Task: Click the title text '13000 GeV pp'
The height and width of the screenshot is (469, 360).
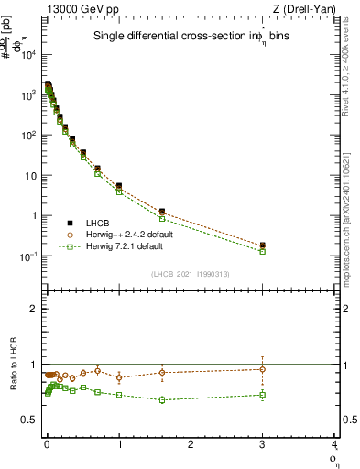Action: pyautogui.click(x=78, y=8)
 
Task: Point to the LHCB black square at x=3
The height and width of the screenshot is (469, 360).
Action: pyautogui.click(x=263, y=245)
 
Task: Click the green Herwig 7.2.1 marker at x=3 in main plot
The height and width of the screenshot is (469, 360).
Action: pyautogui.click(x=263, y=251)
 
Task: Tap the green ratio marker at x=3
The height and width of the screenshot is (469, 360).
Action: pyautogui.click(x=263, y=395)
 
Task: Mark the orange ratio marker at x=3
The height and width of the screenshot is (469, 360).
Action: pyautogui.click(x=263, y=369)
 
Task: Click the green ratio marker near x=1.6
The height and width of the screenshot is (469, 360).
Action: pyautogui.click(x=162, y=400)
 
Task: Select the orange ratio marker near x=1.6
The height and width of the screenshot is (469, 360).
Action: pyautogui.click(x=162, y=372)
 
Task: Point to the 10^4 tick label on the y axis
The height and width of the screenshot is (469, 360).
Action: pyautogui.click(x=29, y=55)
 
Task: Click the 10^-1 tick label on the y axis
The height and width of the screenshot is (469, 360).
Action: pyautogui.click(x=29, y=256)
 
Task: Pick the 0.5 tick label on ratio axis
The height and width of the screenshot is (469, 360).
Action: pyautogui.click(x=30, y=420)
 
